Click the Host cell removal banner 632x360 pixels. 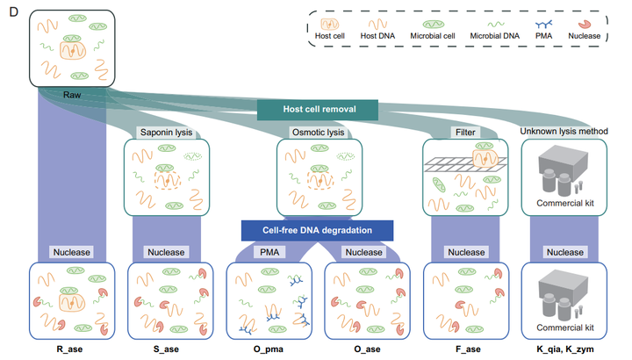[x=318, y=110]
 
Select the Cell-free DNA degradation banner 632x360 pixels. [x=317, y=230]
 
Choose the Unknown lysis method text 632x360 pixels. [x=564, y=132]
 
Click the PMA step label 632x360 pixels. [x=267, y=252]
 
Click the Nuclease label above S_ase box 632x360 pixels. [x=166, y=252]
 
